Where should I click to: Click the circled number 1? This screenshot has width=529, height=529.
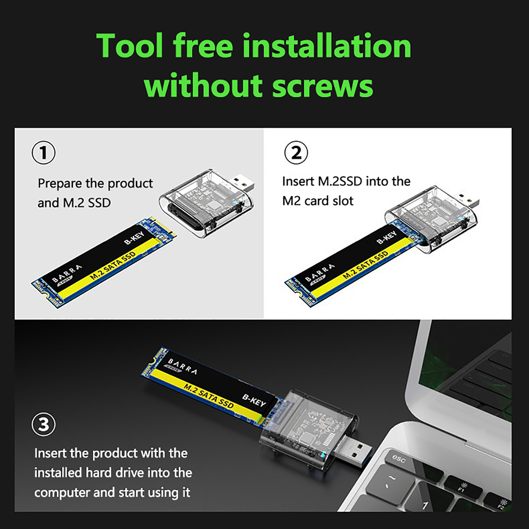pyautogui.click(x=43, y=153)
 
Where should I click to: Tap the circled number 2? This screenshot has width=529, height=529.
pyautogui.click(x=296, y=153)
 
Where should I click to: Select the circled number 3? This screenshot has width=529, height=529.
pyautogui.click(x=43, y=424)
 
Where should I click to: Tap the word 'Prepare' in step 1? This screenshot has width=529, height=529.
pyautogui.click(x=60, y=183)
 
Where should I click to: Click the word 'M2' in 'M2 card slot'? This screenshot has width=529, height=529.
pyautogui.click(x=291, y=201)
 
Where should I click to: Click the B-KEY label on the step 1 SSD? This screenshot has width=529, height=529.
pyautogui.click(x=134, y=238)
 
